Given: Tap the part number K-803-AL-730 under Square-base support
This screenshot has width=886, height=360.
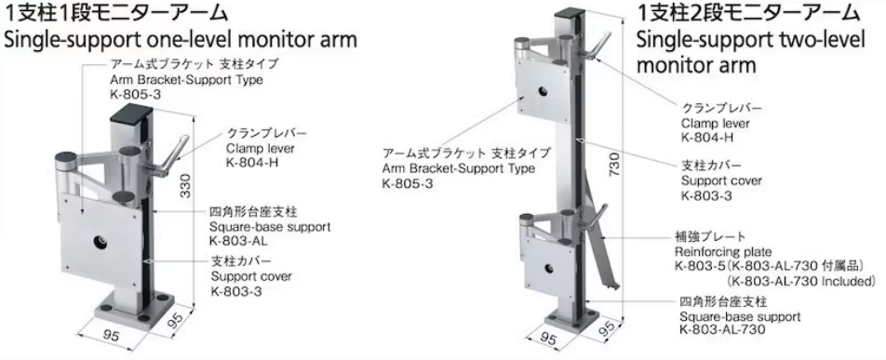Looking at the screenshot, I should pyautogui.click(x=722, y=329).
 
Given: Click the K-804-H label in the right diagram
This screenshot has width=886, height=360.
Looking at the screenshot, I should pyautogui.click(x=705, y=137).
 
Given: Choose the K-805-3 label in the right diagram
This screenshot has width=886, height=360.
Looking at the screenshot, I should pyautogui.click(x=406, y=183).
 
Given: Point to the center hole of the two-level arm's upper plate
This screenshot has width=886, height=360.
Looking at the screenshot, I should pyautogui.click(x=539, y=94).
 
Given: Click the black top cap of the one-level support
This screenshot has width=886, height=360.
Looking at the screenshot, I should pyautogui.click(x=128, y=118).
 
